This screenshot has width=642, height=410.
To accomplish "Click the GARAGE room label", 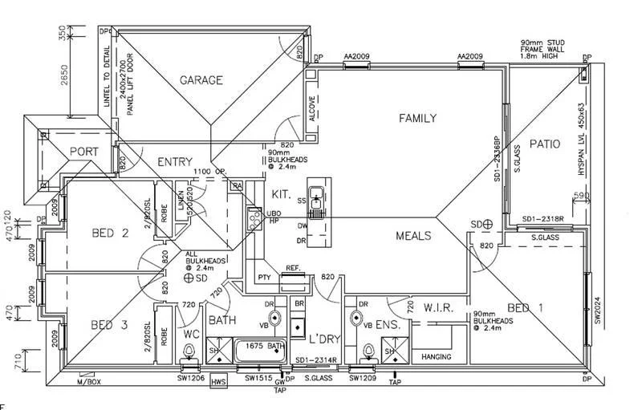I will [201, 80].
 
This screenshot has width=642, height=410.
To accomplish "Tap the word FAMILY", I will [417, 119].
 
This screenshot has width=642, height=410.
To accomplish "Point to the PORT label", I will [83, 152].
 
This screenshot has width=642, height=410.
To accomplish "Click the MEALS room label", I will [413, 236].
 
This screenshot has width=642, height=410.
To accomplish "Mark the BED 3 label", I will [110, 325].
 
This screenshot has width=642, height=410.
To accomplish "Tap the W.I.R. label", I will [441, 306].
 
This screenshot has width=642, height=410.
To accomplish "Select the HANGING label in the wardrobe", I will [436, 356].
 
